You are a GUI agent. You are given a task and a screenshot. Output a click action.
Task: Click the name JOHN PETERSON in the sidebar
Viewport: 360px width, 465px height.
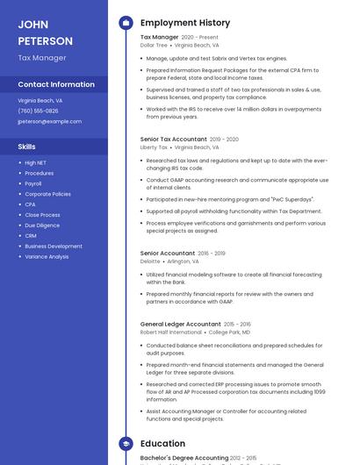tap(46, 32)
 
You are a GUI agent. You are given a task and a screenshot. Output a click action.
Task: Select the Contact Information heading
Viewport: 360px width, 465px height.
tap(56, 84)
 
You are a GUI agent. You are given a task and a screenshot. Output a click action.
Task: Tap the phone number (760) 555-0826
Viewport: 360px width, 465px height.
tap(38, 111)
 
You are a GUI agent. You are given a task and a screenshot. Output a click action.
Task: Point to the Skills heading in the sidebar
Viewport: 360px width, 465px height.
tap(27, 147)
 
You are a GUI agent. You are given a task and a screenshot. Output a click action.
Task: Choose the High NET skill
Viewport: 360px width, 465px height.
tap(36, 162)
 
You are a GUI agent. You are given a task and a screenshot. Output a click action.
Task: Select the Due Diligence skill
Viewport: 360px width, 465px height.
tap(42, 225)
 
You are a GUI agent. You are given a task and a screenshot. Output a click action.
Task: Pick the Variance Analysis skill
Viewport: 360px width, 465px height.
tap(47, 256)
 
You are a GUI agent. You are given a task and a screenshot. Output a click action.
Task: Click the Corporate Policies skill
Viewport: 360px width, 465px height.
tap(47, 194)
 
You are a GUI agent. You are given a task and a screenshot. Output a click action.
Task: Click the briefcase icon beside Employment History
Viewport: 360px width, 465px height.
tap(126, 23)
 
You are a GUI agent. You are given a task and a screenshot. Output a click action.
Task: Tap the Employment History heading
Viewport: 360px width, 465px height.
tap(185, 23)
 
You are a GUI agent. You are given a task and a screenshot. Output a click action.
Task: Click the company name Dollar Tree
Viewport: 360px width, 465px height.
tap(155, 45)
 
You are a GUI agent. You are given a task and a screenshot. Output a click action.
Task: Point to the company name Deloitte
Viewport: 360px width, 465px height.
tap(150, 261)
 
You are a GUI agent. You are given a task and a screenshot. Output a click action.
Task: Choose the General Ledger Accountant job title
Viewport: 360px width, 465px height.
tap(180, 324)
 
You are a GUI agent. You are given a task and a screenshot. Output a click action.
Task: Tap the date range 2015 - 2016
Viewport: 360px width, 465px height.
tap(238, 324)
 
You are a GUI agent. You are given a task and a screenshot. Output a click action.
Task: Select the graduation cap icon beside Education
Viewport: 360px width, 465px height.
tap(126, 444)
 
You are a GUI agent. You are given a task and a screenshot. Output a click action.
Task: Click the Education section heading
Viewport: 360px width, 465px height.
tap(162, 444)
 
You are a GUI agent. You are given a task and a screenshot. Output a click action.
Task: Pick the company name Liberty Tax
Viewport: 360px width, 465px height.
tap(155, 147)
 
